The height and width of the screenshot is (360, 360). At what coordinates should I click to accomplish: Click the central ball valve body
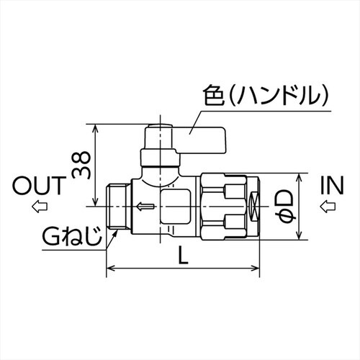(x=166, y=205)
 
